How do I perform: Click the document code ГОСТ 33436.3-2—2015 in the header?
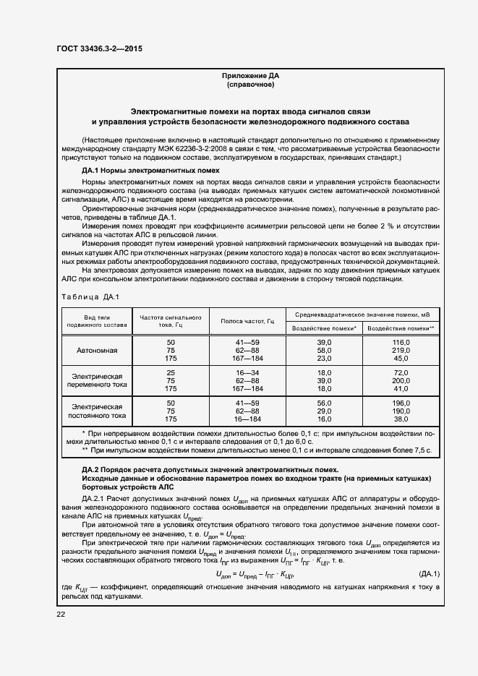tap(99, 48)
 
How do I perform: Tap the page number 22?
tap(60, 614)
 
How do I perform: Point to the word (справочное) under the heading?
tap(249, 85)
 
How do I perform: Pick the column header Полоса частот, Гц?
tap(247, 320)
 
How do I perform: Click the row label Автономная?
tap(97, 350)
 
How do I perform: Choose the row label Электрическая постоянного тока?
tap(97, 411)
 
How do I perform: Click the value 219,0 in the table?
tap(401, 350)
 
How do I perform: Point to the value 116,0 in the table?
tap(401, 341)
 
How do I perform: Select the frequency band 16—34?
tap(247, 372)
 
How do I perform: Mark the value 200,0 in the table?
tap(401, 380)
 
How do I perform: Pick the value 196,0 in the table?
tap(401, 402)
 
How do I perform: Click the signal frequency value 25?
tap(171, 372)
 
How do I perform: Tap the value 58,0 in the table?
tap(323, 350)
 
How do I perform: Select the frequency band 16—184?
tap(247, 419)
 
